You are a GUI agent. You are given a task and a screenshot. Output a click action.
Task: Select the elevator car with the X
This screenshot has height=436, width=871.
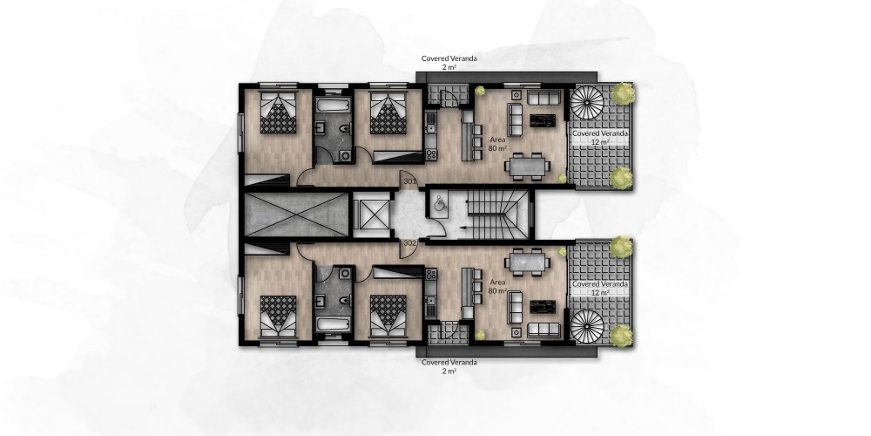click(x=372, y=215)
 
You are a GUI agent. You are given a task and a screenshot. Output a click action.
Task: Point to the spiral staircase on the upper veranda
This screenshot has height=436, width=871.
click(x=586, y=103)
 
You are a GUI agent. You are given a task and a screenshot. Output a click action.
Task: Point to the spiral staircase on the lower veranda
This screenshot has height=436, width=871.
click(x=586, y=326)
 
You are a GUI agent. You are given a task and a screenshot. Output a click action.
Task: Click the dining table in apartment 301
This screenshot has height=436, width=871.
click(x=527, y=167)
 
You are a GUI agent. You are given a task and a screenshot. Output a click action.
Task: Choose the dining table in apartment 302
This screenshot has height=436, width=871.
click(x=527, y=262)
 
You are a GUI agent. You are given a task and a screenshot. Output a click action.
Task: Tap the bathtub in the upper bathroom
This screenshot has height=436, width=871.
click(x=334, y=105)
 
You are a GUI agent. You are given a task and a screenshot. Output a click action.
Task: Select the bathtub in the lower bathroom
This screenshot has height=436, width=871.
click(x=334, y=324)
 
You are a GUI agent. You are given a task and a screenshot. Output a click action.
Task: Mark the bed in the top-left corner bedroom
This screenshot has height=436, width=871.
click(x=279, y=112)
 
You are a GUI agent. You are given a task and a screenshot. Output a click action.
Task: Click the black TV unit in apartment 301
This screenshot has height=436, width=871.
click(x=542, y=120)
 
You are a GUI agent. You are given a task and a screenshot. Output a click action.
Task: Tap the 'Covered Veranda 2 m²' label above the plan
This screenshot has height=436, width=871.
click(x=449, y=62)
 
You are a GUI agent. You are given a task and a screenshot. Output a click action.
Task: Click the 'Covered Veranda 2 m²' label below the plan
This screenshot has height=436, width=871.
click(x=449, y=366)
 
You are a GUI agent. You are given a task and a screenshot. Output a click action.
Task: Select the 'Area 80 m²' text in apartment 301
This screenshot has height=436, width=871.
click(x=497, y=144)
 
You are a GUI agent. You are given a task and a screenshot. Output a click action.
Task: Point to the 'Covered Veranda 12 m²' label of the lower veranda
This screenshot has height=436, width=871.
click(x=600, y=288)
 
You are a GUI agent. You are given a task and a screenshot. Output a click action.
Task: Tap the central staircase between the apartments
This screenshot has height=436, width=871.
click(x=496, y=215)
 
